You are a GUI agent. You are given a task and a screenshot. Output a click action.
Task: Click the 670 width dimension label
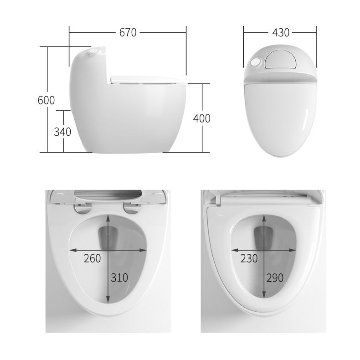click(x=128, y=32)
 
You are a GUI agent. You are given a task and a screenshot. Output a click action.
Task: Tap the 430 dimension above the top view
click(x=280, y=32)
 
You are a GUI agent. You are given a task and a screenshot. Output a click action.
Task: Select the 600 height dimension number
click(x=46, y=100)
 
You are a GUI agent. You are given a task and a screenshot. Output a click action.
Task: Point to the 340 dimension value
click(x=62, y=132)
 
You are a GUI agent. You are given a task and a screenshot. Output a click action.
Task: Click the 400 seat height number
click(x=202, y=118)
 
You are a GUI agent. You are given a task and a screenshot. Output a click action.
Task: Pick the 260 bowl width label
click(x=93, y=259)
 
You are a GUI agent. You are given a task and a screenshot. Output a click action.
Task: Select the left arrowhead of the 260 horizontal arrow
click(x=72, y=250)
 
